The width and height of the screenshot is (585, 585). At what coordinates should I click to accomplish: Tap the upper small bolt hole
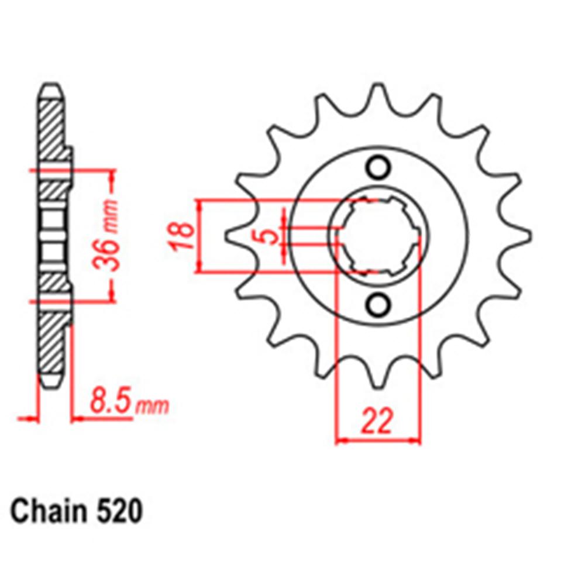coord(378,167)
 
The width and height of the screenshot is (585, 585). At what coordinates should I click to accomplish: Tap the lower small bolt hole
coord(378,305)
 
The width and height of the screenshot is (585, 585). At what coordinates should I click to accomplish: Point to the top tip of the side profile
coord(50,88)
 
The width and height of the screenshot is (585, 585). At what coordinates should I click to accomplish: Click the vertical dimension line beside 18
coord(200,236)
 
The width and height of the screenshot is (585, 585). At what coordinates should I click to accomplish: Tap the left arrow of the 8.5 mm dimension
coord(29,418)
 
